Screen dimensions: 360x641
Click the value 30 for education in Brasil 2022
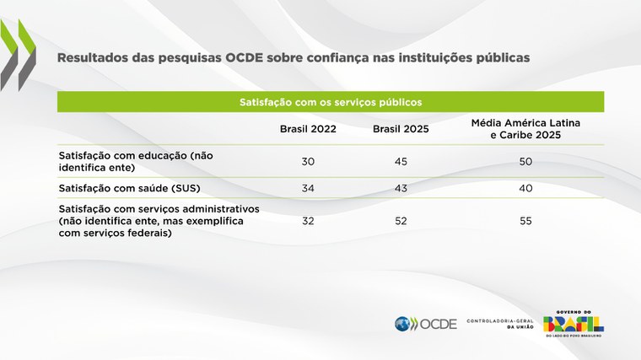(308, 161)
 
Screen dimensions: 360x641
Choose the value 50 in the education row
(525, 161)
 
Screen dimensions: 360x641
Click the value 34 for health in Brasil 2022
(308, 187)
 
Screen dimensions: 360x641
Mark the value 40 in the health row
(525, 187)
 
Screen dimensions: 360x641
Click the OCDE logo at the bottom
(425, 324)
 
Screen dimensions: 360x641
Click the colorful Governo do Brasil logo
(573, 321)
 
